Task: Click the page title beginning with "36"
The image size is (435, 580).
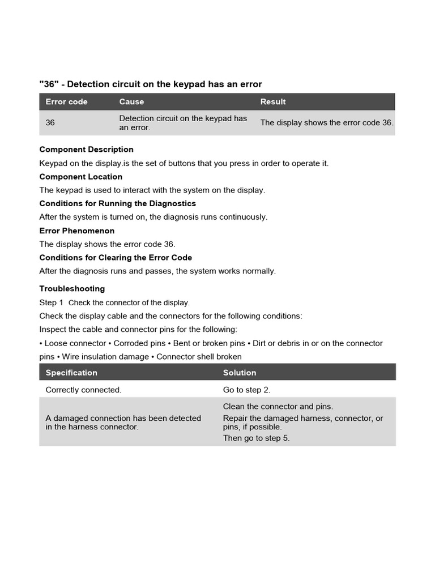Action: [151, 84]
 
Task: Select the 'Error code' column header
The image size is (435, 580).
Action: [66, 102]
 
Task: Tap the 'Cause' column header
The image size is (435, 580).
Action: [131, 102]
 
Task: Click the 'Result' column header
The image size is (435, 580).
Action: [273, 102]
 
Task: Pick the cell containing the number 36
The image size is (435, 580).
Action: [50, 122]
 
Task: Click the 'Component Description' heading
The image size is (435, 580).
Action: [86, 150]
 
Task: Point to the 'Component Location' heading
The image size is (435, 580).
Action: [80, 177]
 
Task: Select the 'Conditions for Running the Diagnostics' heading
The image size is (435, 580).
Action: [117, 203]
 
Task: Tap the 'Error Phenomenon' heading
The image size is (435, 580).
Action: [76, 231]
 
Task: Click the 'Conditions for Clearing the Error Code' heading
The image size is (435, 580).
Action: [116, 258]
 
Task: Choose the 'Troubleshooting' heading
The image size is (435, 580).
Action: [72, 289]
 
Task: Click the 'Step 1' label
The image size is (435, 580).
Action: [52, 302]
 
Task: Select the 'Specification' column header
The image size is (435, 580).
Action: [71, 373]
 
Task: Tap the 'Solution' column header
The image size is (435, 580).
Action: [240, 373]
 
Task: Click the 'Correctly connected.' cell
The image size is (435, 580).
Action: [83, 390]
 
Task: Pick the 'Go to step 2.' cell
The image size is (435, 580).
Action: [246, 390]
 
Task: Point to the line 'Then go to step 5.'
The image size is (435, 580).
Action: [256, 438]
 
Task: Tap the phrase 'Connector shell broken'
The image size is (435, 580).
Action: [199, 357]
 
